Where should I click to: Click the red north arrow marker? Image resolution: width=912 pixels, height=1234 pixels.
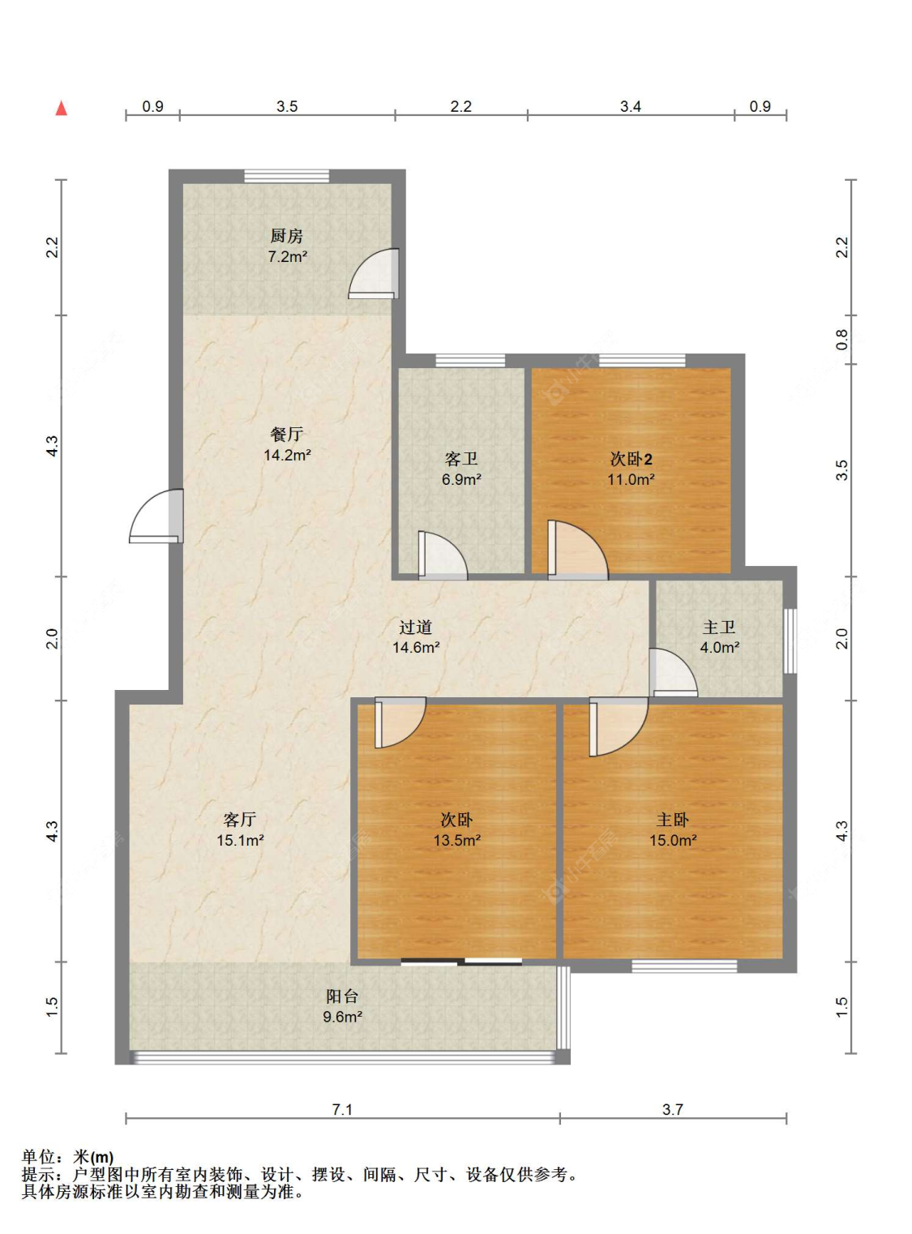(x=62, y=108)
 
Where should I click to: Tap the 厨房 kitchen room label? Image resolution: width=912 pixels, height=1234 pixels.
(x=286, y=236)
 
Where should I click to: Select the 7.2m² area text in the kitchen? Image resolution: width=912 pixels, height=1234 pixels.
(x=287, y=256)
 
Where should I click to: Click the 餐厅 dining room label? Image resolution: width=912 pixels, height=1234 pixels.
(x=286, y=434)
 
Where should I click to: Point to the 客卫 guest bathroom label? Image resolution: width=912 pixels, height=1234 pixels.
(x=460, y=459)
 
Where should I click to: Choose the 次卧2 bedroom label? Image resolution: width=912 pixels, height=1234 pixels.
(x=631, y=459)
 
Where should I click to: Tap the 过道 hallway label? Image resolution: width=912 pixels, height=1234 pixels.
(x=415, y=627)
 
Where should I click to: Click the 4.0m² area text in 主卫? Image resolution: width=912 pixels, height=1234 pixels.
(x=720, y=648)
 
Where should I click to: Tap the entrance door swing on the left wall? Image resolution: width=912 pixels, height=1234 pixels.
(x=156, y=516)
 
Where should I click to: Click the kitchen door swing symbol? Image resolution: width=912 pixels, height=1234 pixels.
(x=374, y=273)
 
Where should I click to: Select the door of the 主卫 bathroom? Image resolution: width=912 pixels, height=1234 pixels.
(x=674, y=672)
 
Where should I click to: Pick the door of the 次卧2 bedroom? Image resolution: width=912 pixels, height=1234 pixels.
(x=578, y=550)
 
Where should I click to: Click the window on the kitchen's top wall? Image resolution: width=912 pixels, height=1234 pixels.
(x=286, y=176)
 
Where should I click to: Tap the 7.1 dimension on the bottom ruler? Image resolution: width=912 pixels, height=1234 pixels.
(x=342, y=1109)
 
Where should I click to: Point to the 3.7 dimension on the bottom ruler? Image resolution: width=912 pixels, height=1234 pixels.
(x=672, y=1109)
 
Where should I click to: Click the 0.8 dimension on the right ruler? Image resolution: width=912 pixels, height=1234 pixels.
(x=842, y=340)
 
